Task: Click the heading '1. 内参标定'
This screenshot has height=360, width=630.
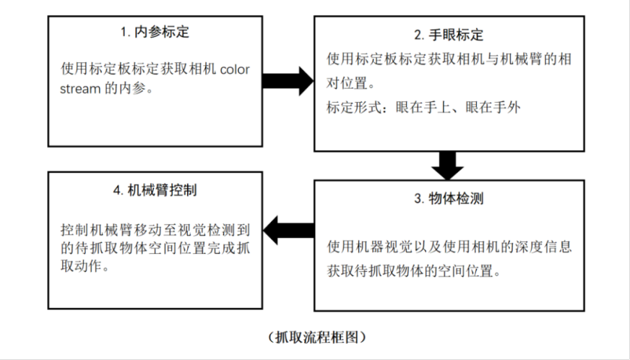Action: coord(155,32)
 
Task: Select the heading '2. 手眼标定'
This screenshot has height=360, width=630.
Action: coord(449,35)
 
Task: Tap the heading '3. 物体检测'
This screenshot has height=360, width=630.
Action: coord(449,198)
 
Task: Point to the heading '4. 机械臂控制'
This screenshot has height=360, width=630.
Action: coord(155,190)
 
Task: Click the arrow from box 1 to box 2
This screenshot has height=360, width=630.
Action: coord(288,81)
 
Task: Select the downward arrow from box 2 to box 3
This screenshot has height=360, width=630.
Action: coord(448,166)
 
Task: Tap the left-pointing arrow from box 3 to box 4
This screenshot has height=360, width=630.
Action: coord(288,231)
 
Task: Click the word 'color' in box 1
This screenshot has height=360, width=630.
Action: coord(235,69)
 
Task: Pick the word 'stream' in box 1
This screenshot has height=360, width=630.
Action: coord(80,88)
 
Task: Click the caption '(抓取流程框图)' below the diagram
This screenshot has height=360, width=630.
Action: coord(317,337)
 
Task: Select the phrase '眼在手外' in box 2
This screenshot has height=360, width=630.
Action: coord(493,108)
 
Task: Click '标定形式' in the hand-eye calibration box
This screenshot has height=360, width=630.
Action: coord(353,108)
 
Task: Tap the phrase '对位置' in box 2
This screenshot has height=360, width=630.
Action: coord(347,83)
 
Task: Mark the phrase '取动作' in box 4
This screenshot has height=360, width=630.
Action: coord(80,266)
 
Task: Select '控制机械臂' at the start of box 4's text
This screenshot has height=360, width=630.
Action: coord(96,230)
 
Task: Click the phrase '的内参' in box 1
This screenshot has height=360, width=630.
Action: coord(126,88)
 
